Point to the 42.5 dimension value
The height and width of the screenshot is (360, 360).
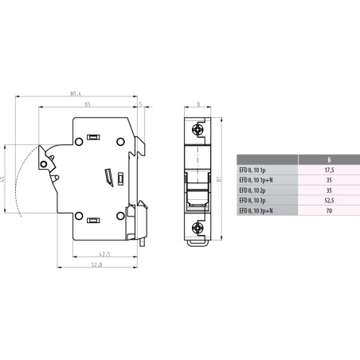[x=104, y=255]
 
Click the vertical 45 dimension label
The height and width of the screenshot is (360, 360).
[x=4, y=181]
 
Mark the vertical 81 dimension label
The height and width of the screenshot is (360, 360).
[x=229, y=182]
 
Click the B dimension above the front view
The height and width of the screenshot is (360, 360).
[x=199, y=104]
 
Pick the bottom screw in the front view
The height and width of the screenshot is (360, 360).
[x=199, y=227]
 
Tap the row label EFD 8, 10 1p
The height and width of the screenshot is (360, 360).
[x=256, y=169]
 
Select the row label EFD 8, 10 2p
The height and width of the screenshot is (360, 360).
[x=256, y=190]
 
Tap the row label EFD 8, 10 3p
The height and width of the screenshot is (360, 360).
[x=256, y=201]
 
